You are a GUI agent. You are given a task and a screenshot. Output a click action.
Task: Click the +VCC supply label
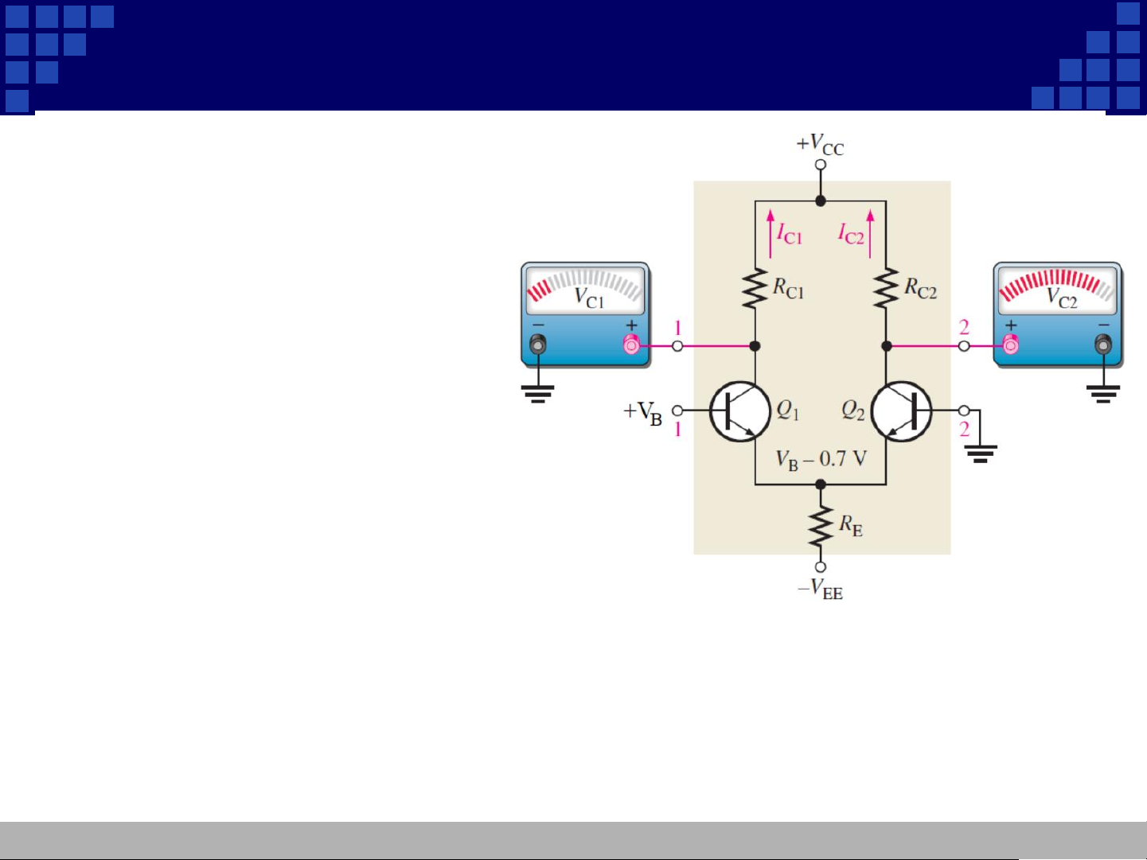820,145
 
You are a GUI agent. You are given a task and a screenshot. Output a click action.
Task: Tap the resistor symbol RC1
755,289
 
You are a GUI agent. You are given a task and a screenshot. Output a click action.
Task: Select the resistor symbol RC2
886,289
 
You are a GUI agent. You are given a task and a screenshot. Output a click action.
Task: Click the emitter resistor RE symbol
821,527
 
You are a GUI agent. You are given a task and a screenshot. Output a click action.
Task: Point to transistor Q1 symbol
740,411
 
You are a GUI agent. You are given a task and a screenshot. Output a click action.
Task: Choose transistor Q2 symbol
902,411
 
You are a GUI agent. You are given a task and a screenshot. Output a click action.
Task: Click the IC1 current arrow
771,233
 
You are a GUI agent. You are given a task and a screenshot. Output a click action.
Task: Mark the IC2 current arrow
870,233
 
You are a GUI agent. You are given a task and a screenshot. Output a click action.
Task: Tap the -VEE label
820,590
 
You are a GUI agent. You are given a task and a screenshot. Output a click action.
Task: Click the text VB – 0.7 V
821,459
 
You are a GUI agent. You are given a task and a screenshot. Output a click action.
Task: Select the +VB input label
643,412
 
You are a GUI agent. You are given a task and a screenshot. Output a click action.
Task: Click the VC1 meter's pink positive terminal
631,345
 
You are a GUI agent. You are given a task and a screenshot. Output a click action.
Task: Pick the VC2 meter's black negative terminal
1103,344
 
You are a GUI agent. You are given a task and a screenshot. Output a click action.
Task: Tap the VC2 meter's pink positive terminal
1011,345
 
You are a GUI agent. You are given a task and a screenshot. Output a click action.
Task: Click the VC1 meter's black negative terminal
538,344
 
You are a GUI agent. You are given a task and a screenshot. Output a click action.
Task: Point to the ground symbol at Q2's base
981,453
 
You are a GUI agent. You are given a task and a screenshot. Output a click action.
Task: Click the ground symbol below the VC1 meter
538,393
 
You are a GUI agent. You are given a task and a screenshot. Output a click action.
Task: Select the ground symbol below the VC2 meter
1103,393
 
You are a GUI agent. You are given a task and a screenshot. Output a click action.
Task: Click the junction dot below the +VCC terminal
821,201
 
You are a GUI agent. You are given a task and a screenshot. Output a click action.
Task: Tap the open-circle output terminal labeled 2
964,346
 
